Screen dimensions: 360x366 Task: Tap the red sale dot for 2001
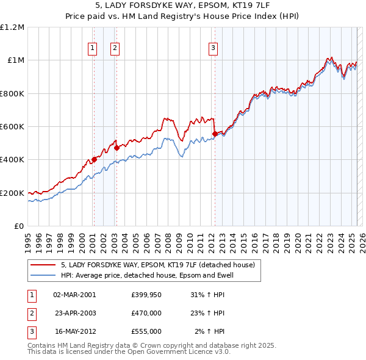tap(94, 160)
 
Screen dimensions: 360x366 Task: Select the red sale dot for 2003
tap(117, 147)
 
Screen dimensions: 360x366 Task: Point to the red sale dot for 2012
tap(215, 134)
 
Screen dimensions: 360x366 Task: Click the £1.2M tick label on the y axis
tap(12, 27)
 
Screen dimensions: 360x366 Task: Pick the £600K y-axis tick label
tap(12, 127)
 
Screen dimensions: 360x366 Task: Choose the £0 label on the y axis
tap(18, 226)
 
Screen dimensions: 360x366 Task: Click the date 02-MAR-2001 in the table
tap(74, 295)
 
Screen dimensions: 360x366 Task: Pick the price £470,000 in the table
tap(146, 313)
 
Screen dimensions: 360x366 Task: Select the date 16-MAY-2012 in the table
tap(74, 331)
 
